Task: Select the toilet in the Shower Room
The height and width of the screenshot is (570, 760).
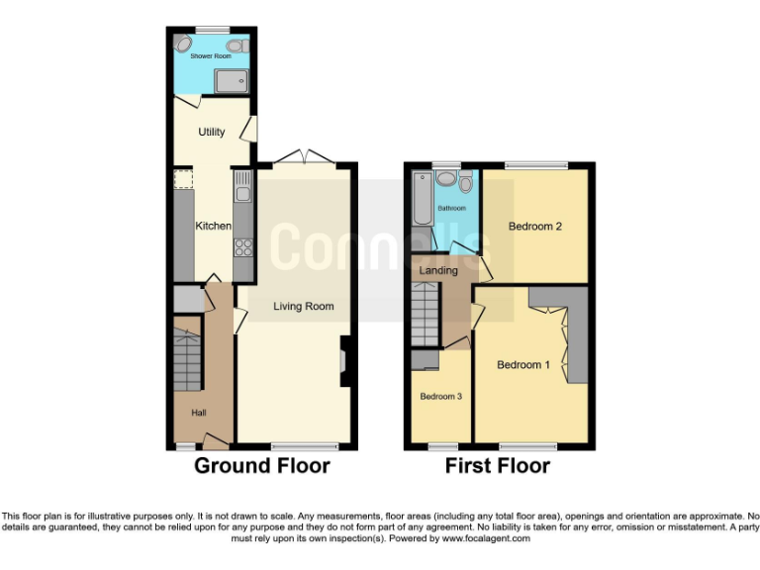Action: (x=236, y=46)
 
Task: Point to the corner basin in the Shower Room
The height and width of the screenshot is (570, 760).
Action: (x=183, y=45)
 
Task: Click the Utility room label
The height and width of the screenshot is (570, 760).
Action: (x=211, y=132)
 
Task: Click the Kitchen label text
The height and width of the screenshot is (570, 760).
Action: (x=213, y=226)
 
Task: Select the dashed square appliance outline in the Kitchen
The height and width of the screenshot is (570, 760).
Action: (x=183, y=179)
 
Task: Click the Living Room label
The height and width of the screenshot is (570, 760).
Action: (x=304, y=307)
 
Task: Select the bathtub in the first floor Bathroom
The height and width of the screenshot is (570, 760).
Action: (x=421, y=199)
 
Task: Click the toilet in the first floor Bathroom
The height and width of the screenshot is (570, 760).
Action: (x=466, y=182)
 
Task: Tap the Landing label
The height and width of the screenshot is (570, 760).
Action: (x=438, y=270)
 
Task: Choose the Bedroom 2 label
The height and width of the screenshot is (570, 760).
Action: (x=534, y=227)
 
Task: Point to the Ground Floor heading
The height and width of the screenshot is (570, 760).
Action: (x=261, y=466)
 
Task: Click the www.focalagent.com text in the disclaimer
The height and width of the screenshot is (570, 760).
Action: (x=485, y=539)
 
